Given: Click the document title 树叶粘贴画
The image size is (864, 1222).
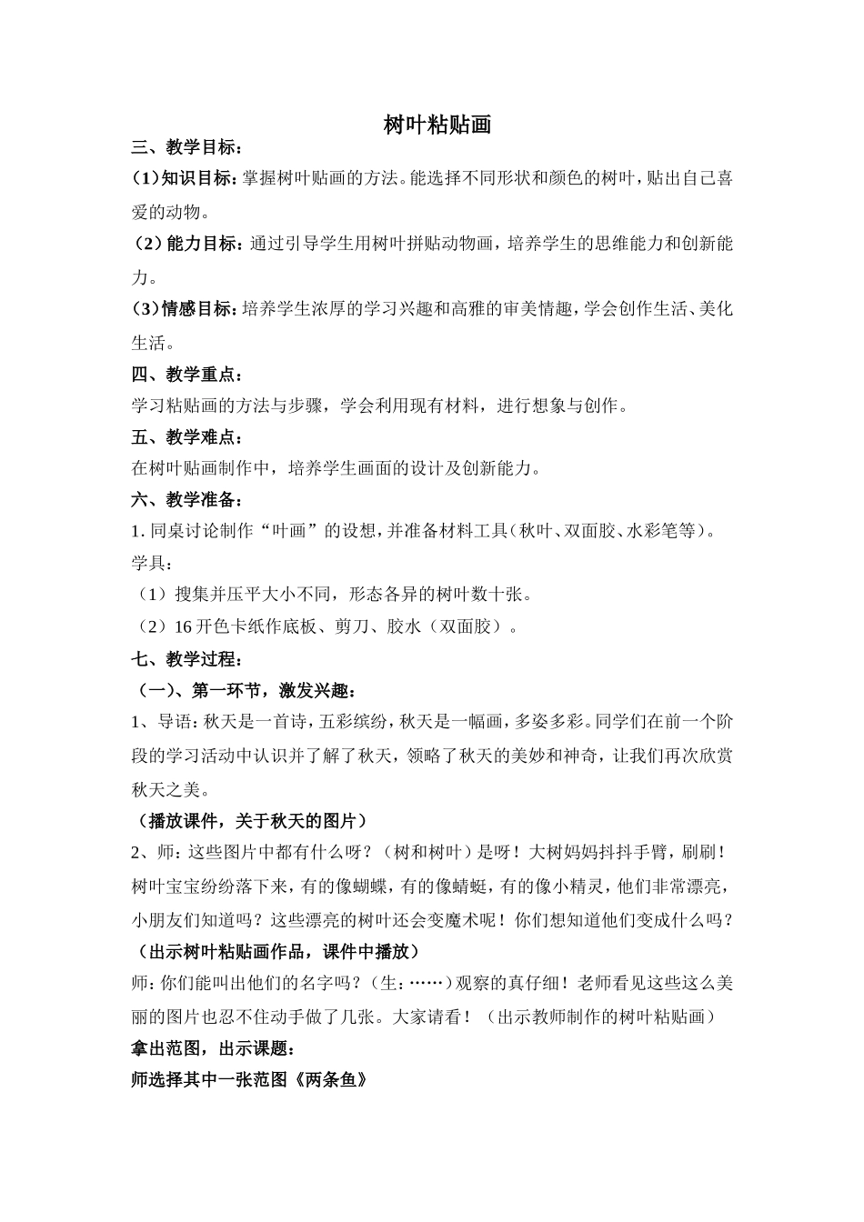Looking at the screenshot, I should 437,125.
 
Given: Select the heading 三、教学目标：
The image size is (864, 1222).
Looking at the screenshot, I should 187,148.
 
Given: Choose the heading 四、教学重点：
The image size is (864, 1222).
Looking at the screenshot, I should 187,375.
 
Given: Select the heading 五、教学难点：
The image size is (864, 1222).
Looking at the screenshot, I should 187,437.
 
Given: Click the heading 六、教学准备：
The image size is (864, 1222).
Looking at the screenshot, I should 187,499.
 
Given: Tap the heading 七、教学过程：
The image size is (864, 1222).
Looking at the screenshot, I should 187,659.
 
